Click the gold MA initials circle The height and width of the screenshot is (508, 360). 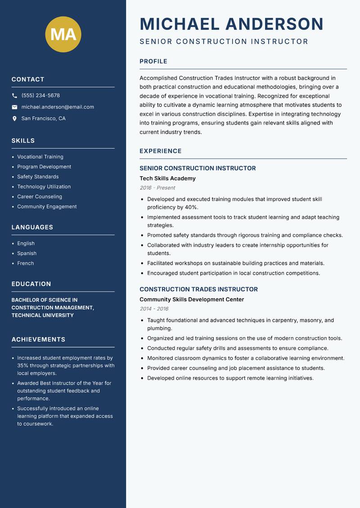click(63, 34)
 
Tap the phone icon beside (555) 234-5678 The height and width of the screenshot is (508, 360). click(14, 96)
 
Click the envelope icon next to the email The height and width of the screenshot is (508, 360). click(14, 107)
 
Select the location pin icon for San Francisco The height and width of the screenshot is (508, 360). click(14, 119)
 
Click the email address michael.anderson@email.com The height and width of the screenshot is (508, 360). click(58, 107)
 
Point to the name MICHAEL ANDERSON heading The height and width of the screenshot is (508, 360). click(231, 24)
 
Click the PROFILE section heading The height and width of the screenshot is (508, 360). click(153, 62)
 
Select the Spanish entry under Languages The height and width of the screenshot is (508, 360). click(27, 254)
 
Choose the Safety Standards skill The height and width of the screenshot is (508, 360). click(38, 177)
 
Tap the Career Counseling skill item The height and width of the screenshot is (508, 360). click(40, 196)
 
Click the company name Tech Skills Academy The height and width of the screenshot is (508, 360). click(167, 178)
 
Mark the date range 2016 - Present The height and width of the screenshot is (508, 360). click(157, 188)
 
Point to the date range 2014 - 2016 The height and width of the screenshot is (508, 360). click(154, 309)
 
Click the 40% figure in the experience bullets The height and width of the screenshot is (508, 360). click(191, 207)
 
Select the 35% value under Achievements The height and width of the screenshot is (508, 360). click(23, 365)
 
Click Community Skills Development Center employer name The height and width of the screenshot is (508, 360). click(192, 299)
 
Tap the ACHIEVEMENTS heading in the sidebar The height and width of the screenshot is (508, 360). click(38, 339)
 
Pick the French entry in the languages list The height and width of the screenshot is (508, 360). click(26, 263)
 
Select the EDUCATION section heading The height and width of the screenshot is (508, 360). click(31, 284)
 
